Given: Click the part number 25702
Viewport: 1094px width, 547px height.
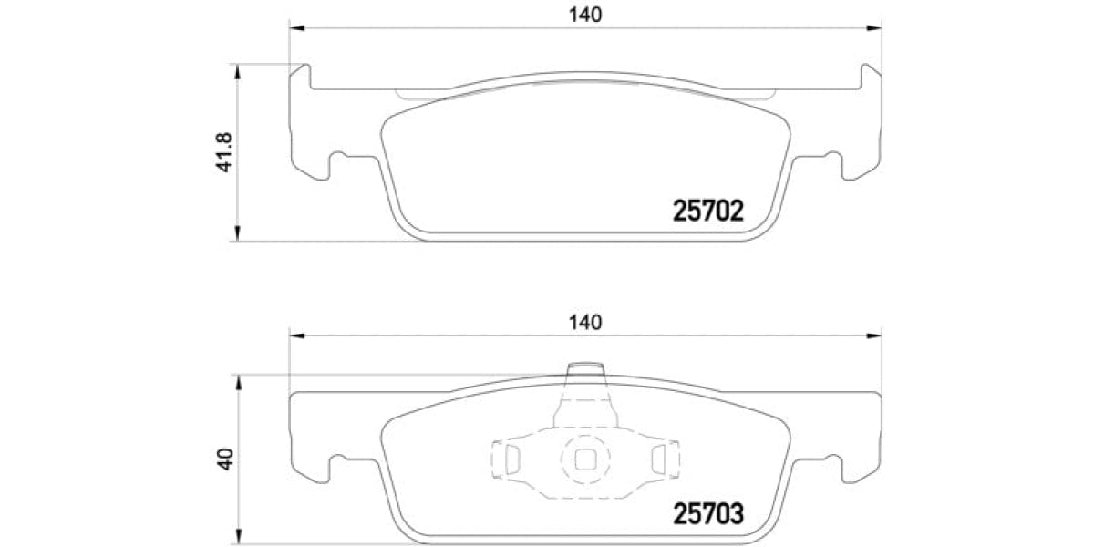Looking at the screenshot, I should tap(708, 212).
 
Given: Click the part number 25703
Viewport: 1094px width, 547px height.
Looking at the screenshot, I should tap(708, 513).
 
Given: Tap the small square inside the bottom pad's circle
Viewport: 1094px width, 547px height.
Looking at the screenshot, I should tap(583, 458).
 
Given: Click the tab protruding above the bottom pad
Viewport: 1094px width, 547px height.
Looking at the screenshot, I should tap(586, 377).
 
